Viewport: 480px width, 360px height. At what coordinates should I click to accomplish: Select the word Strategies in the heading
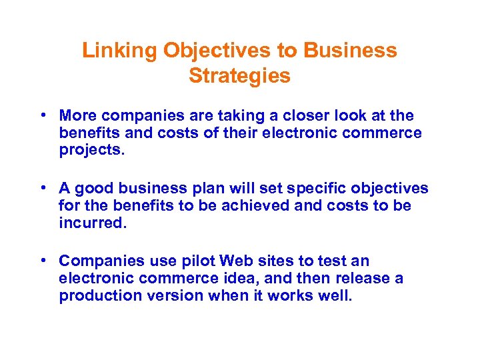pyautogui.click(x=239, y=76)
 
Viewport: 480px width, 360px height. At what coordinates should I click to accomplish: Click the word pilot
pyautogui.click(x=200, y=261)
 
